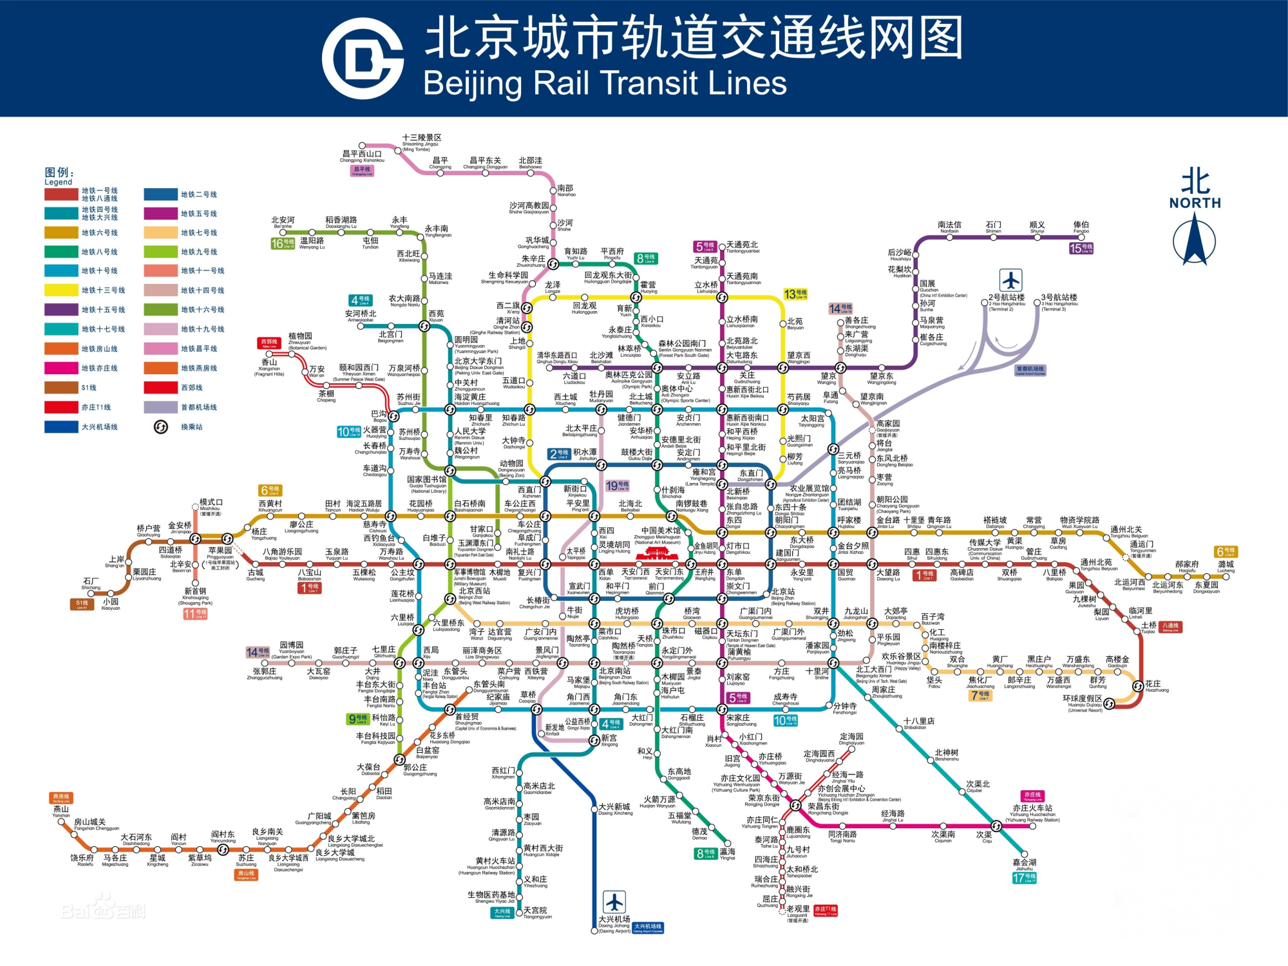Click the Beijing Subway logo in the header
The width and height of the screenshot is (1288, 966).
tap(363, 59)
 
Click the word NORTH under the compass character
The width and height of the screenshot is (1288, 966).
tap(1195, 203)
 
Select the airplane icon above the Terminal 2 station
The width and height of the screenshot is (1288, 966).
tap(1010, 280)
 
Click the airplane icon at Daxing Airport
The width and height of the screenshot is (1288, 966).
tap(614, 902)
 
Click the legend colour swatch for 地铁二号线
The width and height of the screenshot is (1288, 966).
tap(160, 194)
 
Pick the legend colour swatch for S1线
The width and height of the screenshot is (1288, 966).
tap(61, 388)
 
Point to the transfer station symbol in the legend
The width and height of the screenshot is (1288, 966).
tap(161, 427)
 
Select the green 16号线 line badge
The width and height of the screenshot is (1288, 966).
tap(283, 243)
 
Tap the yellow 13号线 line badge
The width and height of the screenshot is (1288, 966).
tap(795, 294)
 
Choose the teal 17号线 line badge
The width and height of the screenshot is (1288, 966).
tap(1024, 877)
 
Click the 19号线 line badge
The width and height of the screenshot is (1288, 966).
tap(616, 486)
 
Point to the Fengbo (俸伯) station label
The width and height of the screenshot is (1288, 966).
tap(1081, 227)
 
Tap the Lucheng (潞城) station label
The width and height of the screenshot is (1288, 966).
tap(1226, 566)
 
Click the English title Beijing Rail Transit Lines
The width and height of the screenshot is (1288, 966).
tap(605, 84)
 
